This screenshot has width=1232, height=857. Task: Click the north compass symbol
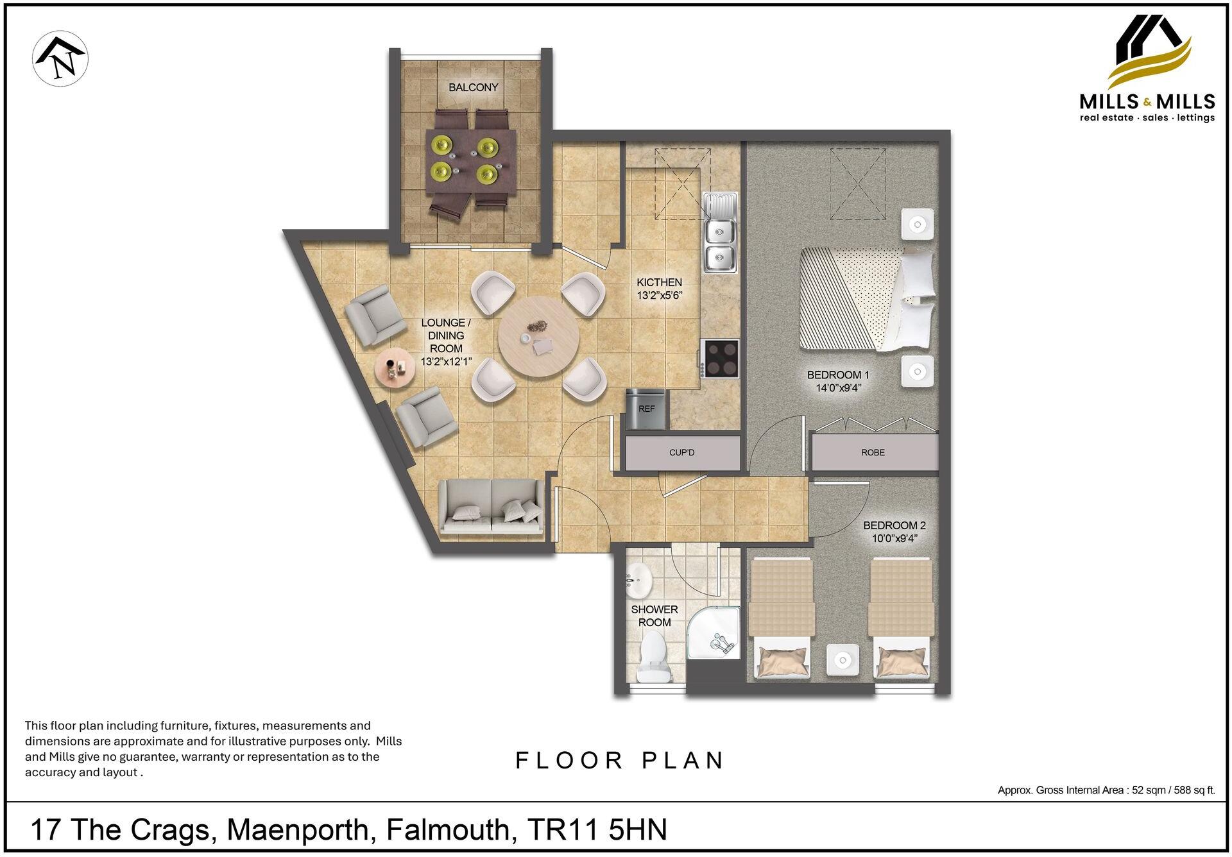click(60, 58)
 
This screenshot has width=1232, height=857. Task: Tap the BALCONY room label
click(473, 87)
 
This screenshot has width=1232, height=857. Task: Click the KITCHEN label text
click(659, 282)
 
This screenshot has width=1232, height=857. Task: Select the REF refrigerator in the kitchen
click(647, 409)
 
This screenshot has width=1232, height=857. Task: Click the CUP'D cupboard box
click(681, 452)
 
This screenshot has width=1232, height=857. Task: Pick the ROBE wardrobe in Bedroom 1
click(873, 452)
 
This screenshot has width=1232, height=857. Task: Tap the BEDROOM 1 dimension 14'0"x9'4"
click(838, 387)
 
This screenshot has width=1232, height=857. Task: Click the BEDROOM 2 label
click(894, 525)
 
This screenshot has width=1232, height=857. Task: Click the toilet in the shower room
click(654, 657)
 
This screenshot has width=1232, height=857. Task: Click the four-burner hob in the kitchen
click(721, 358)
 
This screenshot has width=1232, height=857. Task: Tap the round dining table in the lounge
click(538, 337)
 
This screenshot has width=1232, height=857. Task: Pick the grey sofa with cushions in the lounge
click(491, 507)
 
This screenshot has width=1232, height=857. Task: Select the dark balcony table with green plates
click(472, 164)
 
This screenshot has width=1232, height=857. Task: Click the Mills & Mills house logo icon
click(1152, 51)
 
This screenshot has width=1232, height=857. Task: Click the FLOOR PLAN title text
click(619, 760)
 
